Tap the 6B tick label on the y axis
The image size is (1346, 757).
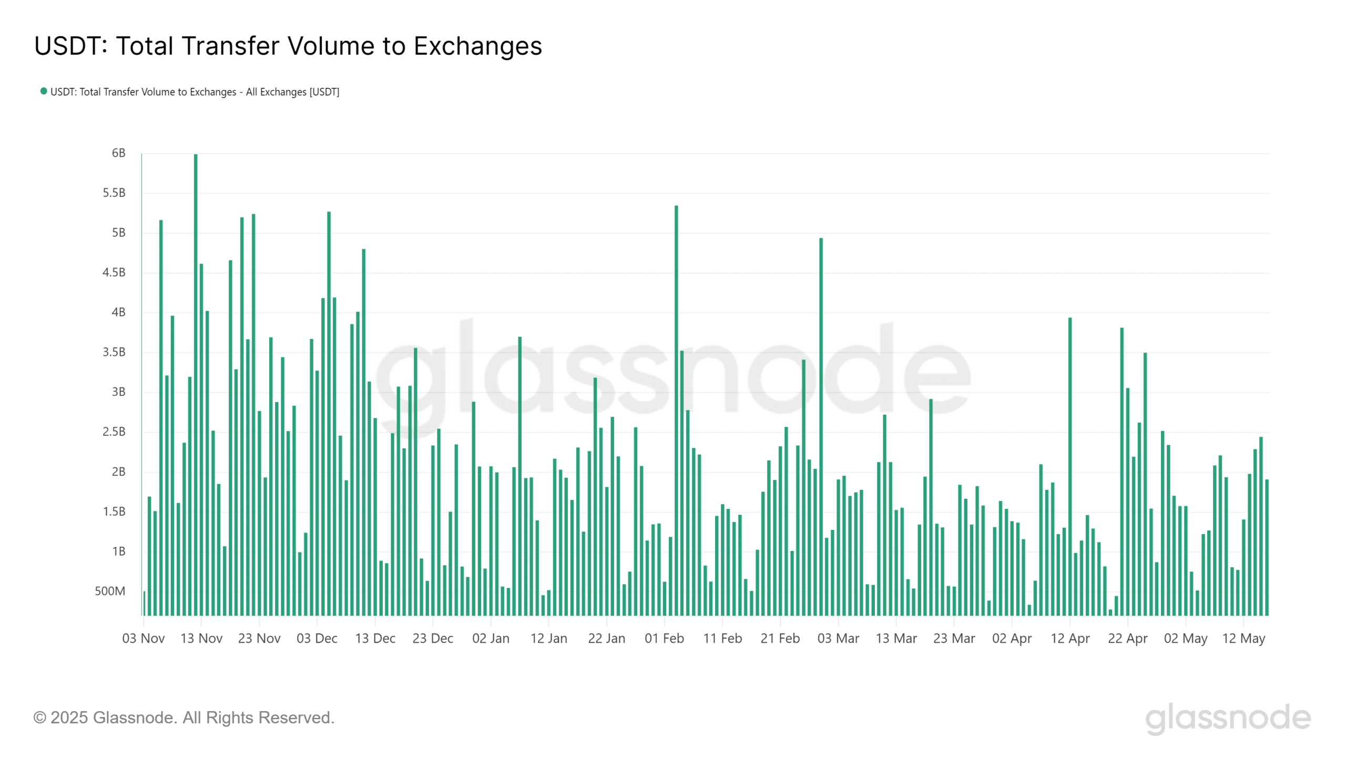click(x=118, y=153)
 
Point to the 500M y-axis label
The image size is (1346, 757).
click(x=110, y=591)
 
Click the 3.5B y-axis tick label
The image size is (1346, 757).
click(x=114, y=352)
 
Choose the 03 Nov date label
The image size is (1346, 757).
click(x=144, y=638)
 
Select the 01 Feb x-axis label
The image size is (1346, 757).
click(x=664, y=638)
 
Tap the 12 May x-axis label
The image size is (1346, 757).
click(x=1243, y=638)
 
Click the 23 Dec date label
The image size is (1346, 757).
click(x=433, y=638)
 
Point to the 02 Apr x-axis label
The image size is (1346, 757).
click(x=1012, y=638)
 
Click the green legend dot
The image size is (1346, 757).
click(x=44, y=91)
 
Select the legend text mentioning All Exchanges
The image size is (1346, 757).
click(x=195, y=92)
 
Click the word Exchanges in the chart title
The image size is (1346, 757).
click(x=477, y=46)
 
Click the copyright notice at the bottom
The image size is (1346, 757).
click(x=183, y=718)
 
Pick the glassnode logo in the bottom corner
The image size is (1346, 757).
click(x=1228, y=718)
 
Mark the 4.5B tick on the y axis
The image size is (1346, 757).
click(x=114, y=272)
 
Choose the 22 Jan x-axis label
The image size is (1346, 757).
click(x=606, y=638)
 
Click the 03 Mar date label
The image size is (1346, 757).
click(x=838, y=638)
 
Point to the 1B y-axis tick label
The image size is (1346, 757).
click(x=118, y=551)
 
